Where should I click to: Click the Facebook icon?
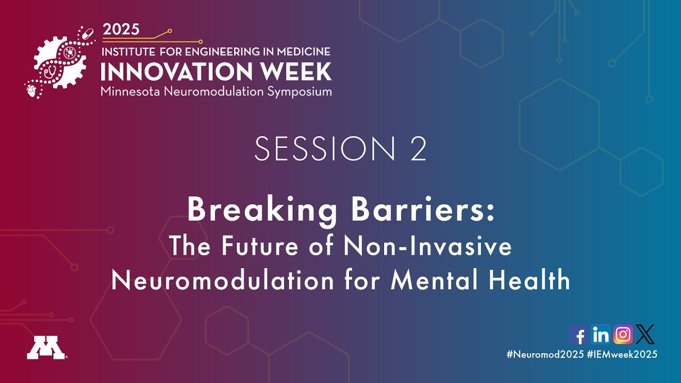pos(578,335)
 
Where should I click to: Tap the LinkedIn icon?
pos(601,335)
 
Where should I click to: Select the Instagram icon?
pos(623,335)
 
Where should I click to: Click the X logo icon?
pos(645,335)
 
